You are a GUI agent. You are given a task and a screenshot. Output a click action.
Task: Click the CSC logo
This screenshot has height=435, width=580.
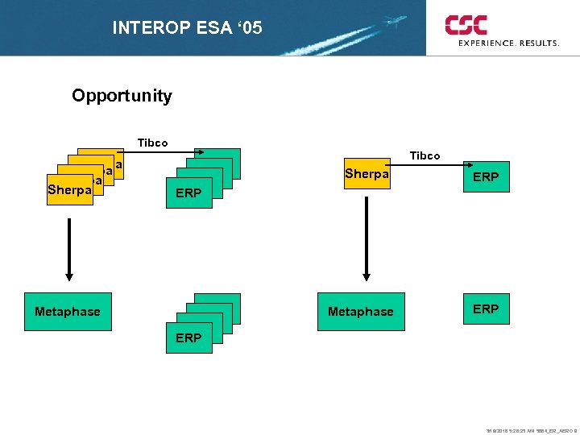click(466, 24)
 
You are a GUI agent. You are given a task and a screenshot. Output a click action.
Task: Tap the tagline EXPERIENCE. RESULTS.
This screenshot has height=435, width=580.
click(508, 43)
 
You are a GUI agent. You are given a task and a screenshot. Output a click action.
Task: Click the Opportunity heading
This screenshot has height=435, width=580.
click(122, 96)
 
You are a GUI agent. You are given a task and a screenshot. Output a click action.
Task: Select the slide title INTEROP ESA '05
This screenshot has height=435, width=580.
click(187, 28)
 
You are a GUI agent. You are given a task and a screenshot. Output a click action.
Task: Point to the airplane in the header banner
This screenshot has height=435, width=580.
click(395, 20)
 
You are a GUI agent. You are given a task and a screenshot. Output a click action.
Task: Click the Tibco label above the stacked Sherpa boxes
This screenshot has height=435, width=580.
click(152, 143)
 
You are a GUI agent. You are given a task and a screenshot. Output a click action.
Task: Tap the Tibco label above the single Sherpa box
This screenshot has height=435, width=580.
click(425, 155)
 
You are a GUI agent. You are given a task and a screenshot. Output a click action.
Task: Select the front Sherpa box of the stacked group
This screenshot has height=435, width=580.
click(70, 190)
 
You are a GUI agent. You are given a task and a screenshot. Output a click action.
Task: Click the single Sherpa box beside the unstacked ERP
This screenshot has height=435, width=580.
click(367, 175)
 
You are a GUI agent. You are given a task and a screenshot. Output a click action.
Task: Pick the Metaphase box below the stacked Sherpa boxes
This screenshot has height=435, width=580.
click(68, 312)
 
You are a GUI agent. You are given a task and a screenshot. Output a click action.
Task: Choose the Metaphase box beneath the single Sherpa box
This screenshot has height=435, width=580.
click(361, 312)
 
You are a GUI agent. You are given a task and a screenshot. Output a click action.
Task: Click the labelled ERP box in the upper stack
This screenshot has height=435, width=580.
click(188, 193)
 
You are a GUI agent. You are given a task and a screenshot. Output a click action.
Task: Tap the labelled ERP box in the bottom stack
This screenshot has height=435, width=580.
click(188, 338)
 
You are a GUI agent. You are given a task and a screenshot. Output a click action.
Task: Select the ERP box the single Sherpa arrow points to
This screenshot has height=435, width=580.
click(486, 176)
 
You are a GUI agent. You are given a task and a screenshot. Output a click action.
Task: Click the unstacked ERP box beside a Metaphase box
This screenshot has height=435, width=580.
click(486, 309)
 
